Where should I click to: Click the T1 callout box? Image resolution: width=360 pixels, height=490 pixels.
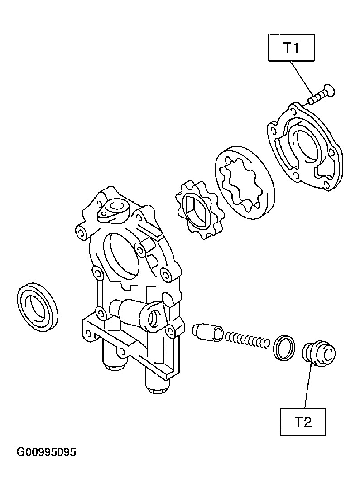pos(291,48)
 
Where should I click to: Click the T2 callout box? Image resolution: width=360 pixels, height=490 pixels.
pos(303,422)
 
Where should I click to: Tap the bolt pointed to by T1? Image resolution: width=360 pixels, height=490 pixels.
pos(321,94)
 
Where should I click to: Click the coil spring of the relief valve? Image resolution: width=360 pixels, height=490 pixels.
pos(247,340)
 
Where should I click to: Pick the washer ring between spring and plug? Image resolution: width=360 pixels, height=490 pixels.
pos(284,348)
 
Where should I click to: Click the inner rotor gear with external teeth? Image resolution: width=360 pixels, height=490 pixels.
pos(197,210)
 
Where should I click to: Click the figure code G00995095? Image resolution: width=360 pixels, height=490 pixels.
pos(46,452)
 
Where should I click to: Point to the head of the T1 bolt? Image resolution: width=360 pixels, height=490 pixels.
pos(329,90)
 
